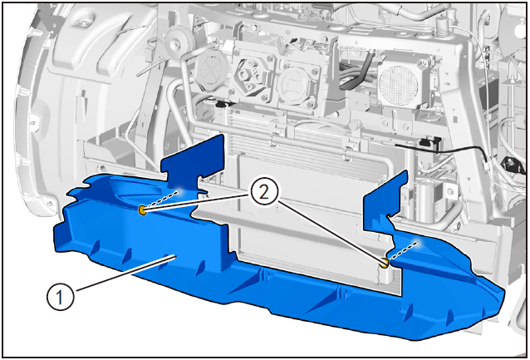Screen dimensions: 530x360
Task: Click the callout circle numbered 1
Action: click(60, 298)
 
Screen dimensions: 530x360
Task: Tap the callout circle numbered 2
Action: click(264, 193)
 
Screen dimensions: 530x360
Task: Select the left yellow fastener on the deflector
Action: click(143, 210)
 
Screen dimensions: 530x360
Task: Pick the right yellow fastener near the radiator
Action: click(385, 263)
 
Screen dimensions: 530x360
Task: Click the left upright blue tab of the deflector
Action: click(193, 159)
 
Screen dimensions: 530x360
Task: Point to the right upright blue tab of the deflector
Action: click(385, 196)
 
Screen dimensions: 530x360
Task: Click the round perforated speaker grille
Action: click(399, 84)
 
